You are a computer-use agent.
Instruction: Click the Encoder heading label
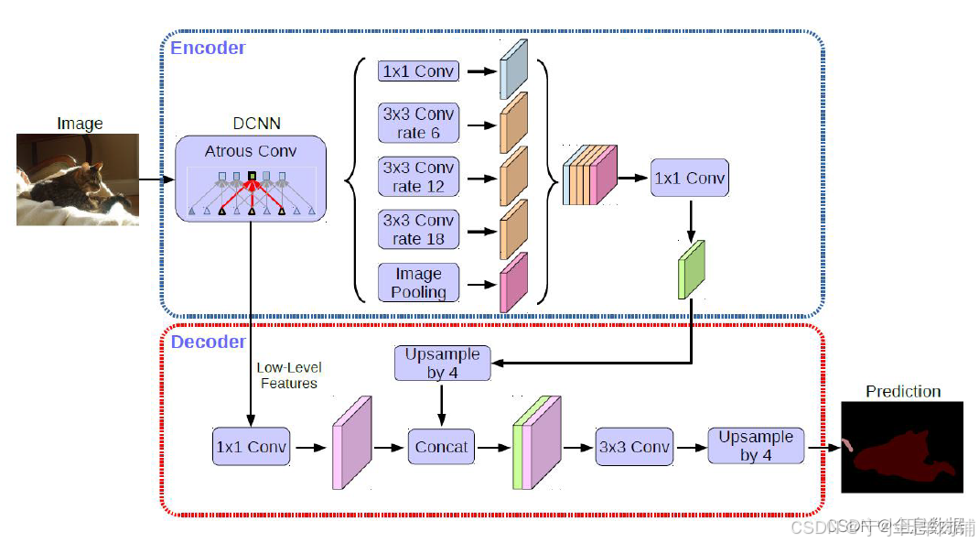point(209,48)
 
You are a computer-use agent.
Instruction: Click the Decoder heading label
point(209,342)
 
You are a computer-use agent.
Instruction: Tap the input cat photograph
point(78,179)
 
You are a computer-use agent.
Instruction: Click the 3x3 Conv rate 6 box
point(418,124)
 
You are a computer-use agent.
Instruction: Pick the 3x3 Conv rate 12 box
point(418,177)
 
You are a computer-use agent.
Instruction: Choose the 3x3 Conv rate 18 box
point(418,230)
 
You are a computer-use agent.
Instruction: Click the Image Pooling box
point(418,283)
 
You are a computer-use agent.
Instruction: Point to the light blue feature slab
point(514,69)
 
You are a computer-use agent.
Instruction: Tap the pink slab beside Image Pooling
point(514,281)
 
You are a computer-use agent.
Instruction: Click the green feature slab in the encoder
point(691,270)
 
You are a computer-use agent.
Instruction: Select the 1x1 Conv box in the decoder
point(251,448)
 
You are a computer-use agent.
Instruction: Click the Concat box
point(441,448)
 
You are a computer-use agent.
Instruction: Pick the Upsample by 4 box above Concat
point(442,364)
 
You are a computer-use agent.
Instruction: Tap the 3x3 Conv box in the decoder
point(633,448)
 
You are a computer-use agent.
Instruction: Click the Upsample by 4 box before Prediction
point(756,446)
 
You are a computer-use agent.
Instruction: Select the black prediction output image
point(902,449)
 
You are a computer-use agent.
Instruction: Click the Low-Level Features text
point(289,375)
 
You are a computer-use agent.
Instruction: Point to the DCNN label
point(257,124)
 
